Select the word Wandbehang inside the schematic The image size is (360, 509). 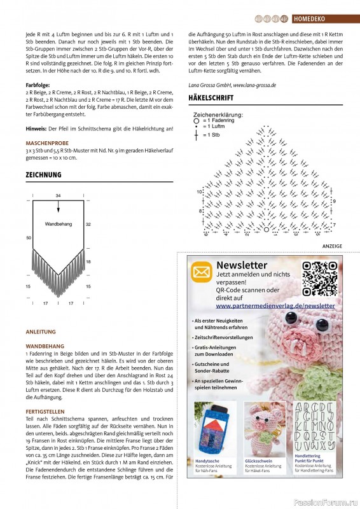click(59, 224)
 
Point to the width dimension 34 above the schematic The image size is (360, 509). click(59, 195)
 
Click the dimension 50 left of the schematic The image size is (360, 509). click(29, 237)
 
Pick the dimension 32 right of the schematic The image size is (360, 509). click(88, 224)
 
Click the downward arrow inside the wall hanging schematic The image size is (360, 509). click(59, 206)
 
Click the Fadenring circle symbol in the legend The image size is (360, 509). click(197, 120)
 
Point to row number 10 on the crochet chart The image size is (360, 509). click(199, 191)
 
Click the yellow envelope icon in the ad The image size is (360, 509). click(202, 272)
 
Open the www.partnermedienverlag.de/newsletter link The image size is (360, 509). click(275, 305)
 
